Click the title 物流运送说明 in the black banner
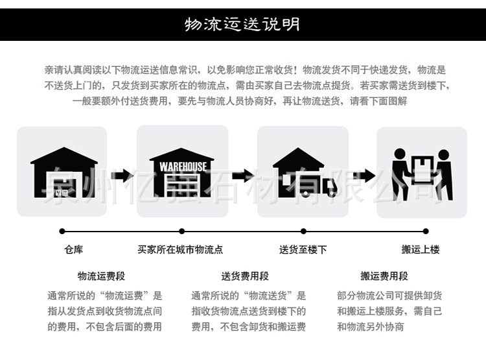click(x=242, y=24)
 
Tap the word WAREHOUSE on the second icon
click(x=183, y=166)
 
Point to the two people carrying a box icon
click(x=422, y=174)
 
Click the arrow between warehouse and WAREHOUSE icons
click(x=121, y=175)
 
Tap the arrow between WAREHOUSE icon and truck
click(x=243, y=175)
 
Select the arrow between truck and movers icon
click(x=364, y=175)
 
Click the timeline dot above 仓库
click(x=62, y=231)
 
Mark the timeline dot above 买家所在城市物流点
click(x=182, y=231)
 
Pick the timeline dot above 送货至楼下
click(x=303, y=231)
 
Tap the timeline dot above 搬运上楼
click(x=426, y=231)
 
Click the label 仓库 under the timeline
click(x=74, y=250)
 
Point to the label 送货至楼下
click(x=303, y=250)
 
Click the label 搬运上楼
click(x=421, y=250)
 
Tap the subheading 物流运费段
click(x=102, y=276)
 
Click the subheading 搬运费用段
click(x=385, y=276)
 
